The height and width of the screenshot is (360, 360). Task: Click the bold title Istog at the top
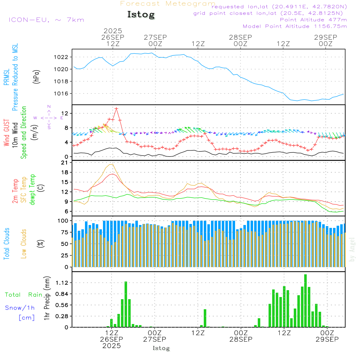coord(141,15)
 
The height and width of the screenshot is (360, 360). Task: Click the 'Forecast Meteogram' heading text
coord(168,4)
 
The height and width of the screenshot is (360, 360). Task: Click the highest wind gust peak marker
coord(116,108)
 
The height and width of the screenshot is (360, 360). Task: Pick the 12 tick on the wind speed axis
coord(66,113)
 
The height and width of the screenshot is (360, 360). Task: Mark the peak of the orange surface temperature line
coord(112,164)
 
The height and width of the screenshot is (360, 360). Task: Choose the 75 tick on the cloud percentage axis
coord(65,232)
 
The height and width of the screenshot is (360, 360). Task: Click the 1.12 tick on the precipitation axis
coord(62,283)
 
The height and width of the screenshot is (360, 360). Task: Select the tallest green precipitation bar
coord(305,301)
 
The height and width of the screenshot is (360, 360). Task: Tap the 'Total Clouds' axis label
coord(7,244)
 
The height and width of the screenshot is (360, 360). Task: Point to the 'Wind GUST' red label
coord(7,133)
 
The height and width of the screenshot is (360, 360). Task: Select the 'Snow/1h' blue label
coord(20,308)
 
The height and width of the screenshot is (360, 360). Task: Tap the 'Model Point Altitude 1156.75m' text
coord(295,26)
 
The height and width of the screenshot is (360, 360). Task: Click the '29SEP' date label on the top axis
coord(325,37)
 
